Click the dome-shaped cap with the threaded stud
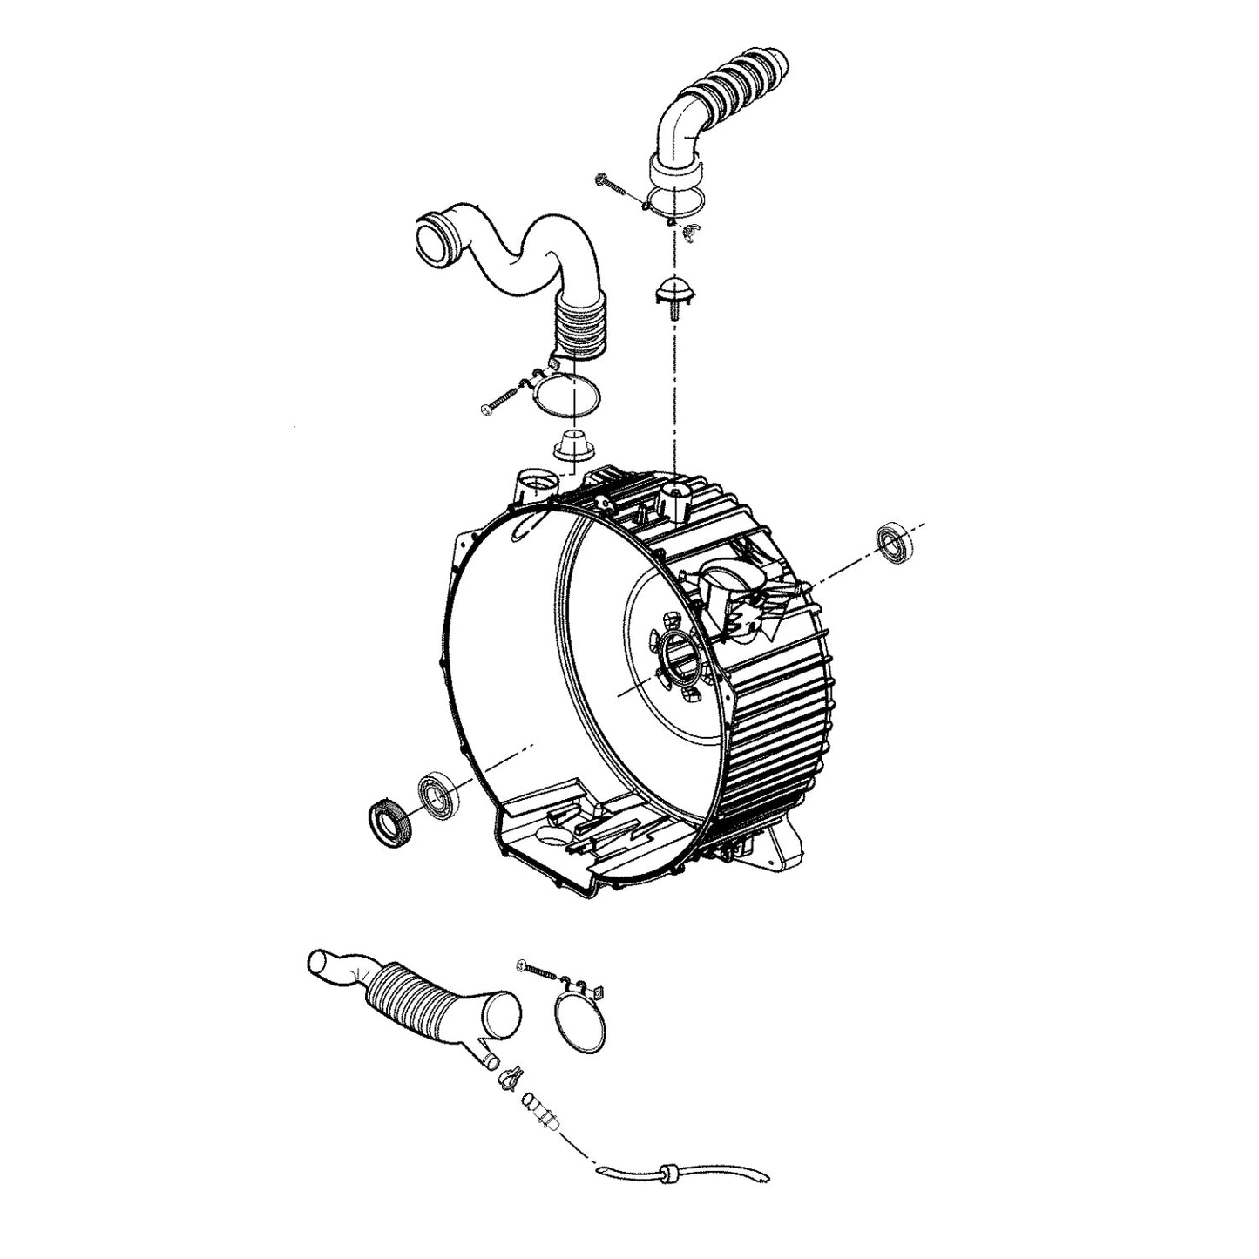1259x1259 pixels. pyautogui.click(x=671, y=291)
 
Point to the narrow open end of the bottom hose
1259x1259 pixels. pyautogui.click(x=321, y=961)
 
